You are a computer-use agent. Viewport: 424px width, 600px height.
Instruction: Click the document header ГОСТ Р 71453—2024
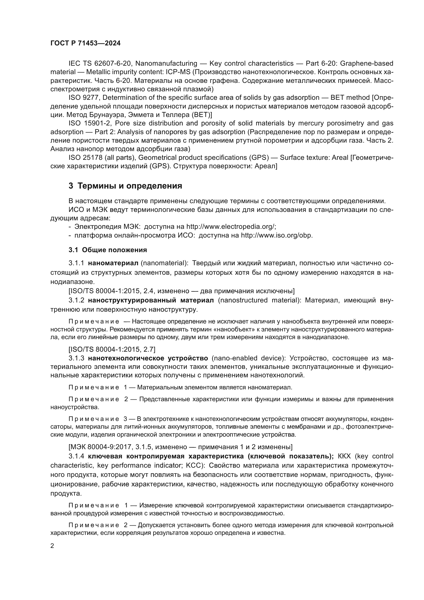85,43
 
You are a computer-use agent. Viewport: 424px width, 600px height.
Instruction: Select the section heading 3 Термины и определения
125,186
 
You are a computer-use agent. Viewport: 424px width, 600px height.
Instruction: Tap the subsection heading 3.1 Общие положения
108,250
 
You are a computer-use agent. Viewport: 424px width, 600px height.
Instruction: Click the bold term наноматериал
113,263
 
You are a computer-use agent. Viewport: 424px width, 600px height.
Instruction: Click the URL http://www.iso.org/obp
277,235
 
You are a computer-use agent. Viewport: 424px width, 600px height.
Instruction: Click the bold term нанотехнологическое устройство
148,358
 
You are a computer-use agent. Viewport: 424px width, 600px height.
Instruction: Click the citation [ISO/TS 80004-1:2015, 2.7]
112,349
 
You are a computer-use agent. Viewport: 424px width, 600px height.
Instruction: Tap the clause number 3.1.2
76,300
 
